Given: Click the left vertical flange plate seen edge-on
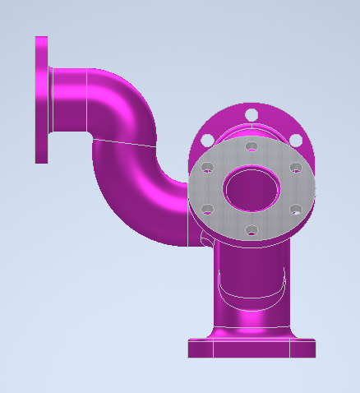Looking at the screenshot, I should tap(41, 99).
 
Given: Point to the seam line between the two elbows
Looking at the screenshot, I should tap(123, 142).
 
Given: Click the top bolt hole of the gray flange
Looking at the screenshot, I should tap(252, 146).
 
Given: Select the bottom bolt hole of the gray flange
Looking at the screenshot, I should tap(252, 229).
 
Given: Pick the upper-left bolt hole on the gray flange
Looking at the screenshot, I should tap(208, 168).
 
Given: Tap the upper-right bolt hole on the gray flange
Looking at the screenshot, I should tap(296, 168).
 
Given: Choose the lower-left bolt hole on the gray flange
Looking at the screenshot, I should tap(208, 209).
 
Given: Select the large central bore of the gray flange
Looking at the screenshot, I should tap(252, 188).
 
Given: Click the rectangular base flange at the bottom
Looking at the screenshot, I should tap(252, 348).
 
